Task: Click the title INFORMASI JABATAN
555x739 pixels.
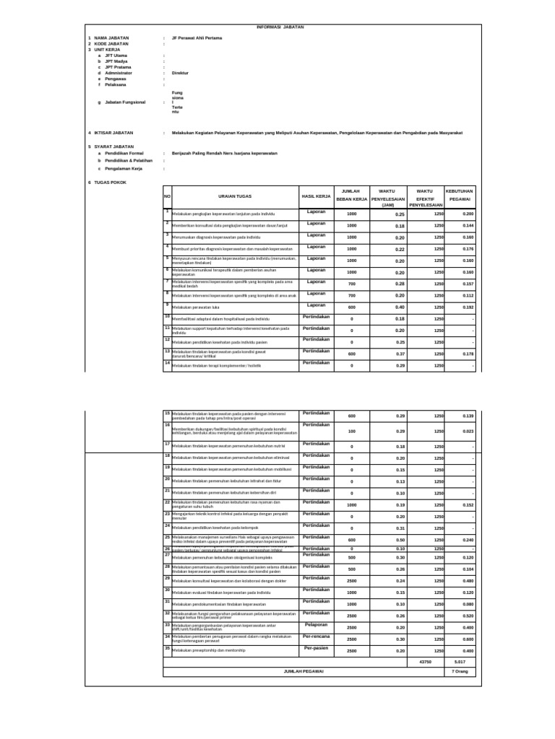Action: pyautogui.click(x=280, y=26)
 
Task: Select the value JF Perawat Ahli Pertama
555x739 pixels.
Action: pyautogui.click(x=197, y=38)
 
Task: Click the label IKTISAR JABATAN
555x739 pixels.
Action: pyautogui.click(x=114, y=134)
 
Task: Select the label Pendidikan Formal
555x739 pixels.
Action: pyautogui.click(x=124, y=153)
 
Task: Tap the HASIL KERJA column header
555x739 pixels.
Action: pyautogui.click(x=316, y=196)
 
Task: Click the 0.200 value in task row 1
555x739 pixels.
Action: pyautogui.click(x=467, y=214)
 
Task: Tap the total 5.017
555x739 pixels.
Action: pyautogui.click(x=460, y=660)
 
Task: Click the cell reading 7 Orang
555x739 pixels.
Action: pyautogui.click(x=460, y=671)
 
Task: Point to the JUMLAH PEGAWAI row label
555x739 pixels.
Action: pyautogui.click(x=304, y=671)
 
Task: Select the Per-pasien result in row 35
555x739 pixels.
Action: pyautogui.click(x=316, y=648)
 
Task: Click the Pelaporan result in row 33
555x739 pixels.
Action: pyautogui.click(x=316, y=625)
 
